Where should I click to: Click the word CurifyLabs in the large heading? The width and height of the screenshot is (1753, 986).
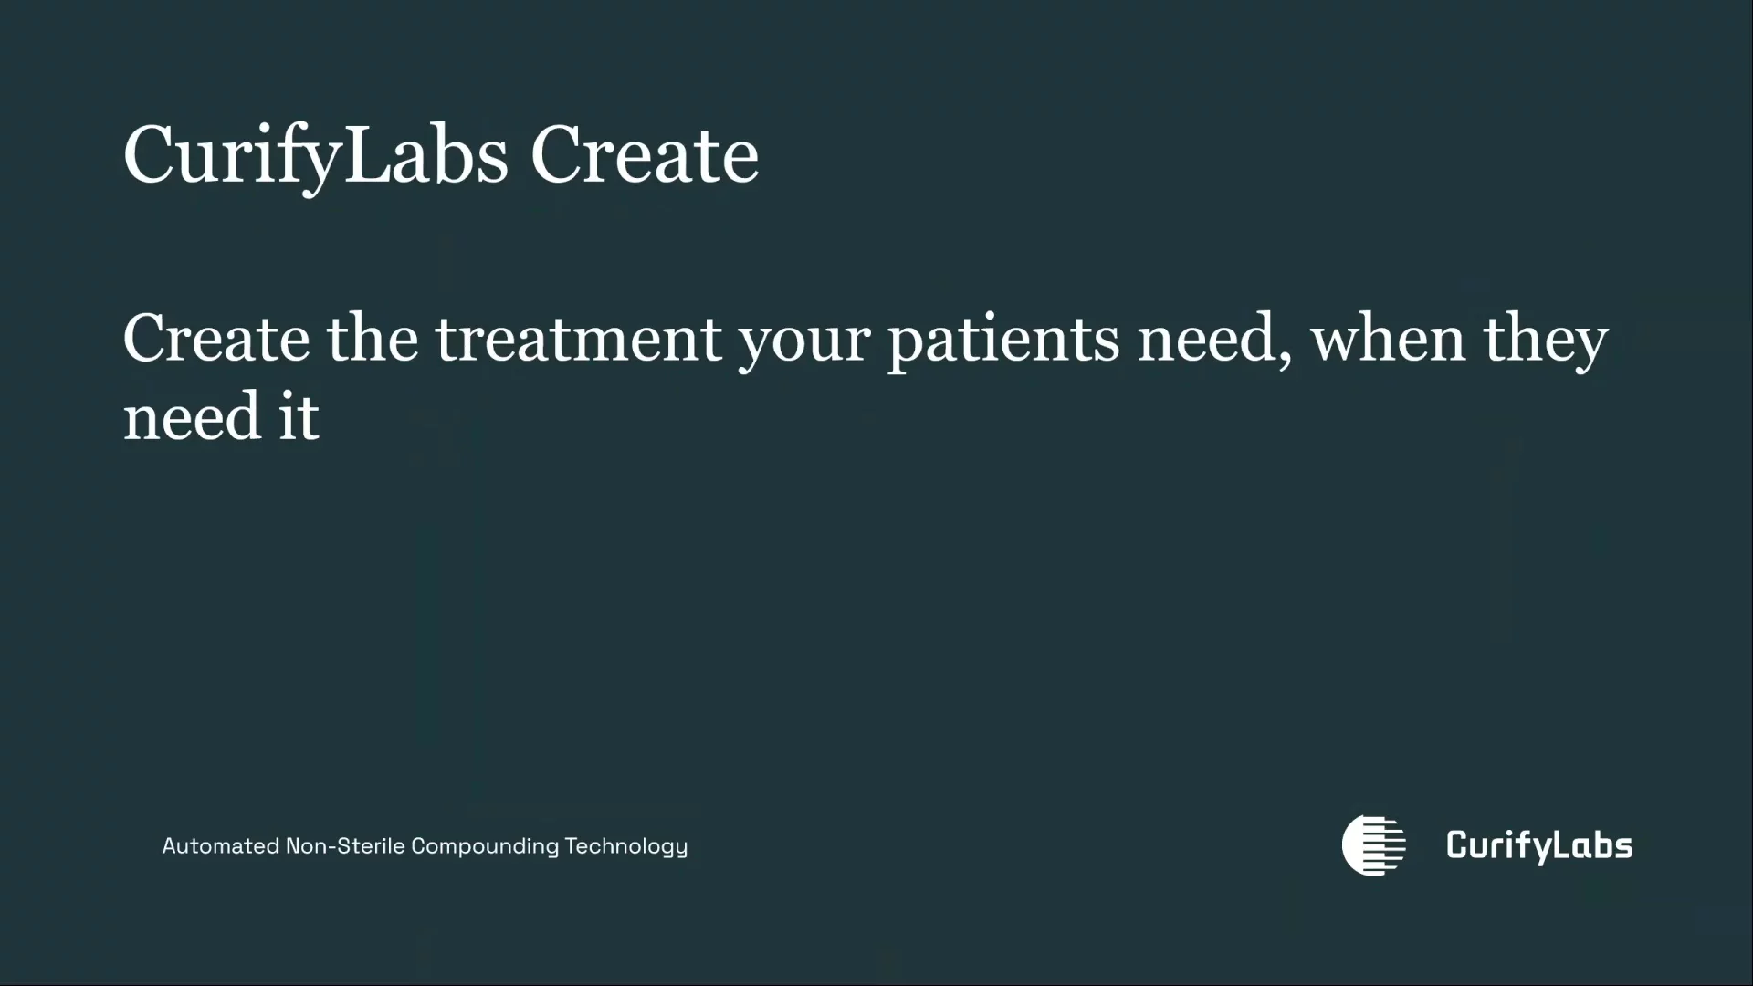tap(316, 157)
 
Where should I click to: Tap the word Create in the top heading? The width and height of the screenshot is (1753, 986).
tap(645, 155)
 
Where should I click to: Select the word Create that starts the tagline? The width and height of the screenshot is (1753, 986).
tap(216, 339)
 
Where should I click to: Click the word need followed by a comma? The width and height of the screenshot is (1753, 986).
tap(1205, 339)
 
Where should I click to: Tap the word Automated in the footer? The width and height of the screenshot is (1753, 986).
tap(221, 846)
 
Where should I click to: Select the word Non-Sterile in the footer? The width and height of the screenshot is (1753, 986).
tap(345, 846)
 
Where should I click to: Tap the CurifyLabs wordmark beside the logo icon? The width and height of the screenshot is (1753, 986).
tap(1539, 846)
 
